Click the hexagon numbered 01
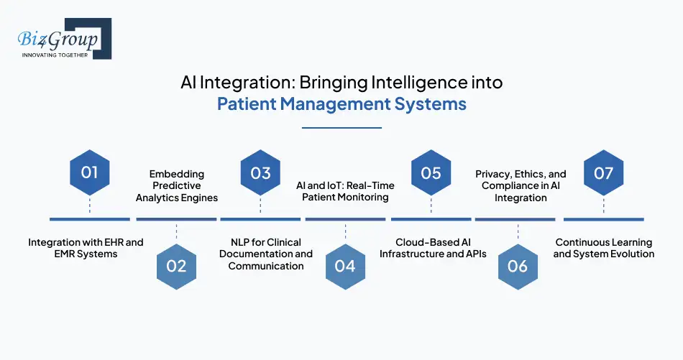click(x=89, y=172)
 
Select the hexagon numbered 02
click(x=175, y=265)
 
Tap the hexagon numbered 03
click(x=260, y=172)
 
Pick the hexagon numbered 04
click(x=345, y=265)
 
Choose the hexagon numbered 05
click(x=431, y=172)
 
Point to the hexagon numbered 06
click(x=518, y=265)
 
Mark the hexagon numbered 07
click(x=603, y=172)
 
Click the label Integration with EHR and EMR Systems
click(x=86, y=248)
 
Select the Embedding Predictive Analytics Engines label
click(x=176, y=185)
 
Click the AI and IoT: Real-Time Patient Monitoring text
click(x=345, y=191)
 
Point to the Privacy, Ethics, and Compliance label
click(x=521, y=185)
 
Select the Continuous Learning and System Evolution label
click(x=604, y=248)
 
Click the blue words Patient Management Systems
click(x=341, y=104)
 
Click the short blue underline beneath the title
click(x=341, y=128)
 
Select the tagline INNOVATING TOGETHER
click(x=55, y=55)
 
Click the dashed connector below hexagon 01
click(x=89, y=206)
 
